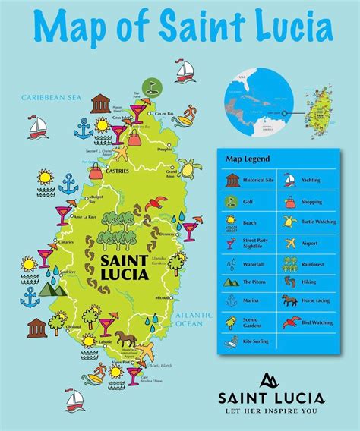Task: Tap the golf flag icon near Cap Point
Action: (150, 88)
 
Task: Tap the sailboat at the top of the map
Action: (185, 71)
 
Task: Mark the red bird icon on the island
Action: (156, 203)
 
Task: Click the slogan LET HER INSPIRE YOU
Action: (271, 413)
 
